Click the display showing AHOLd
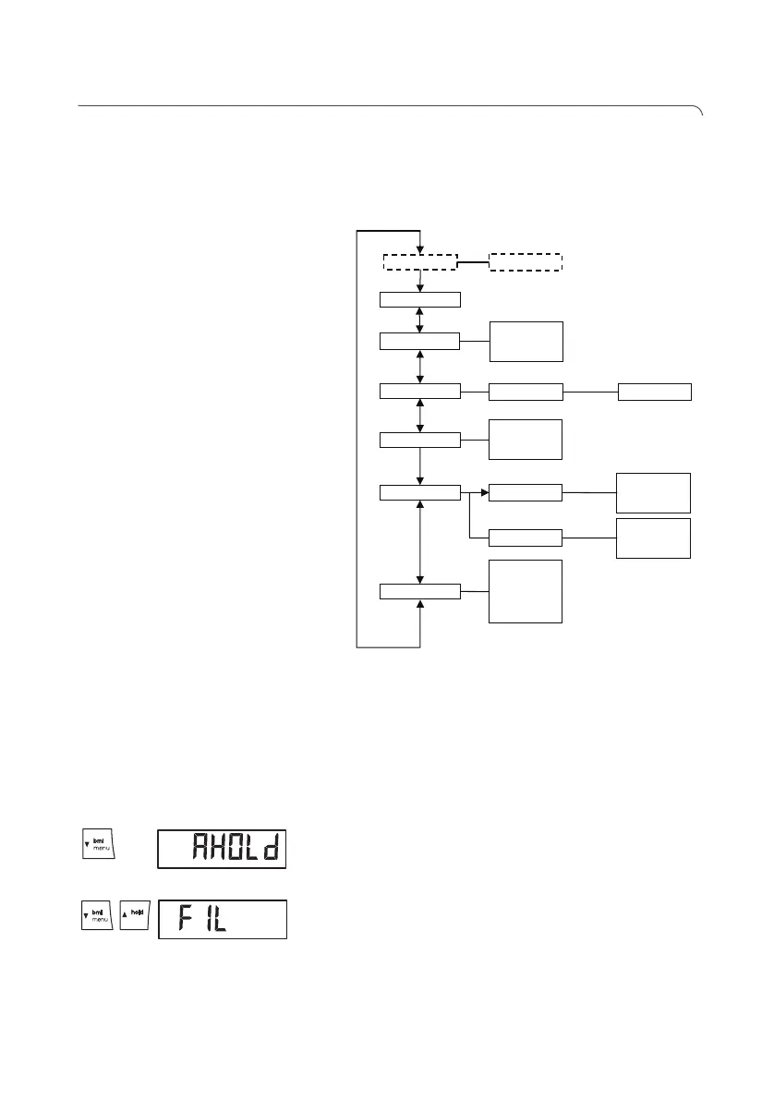point(222,848)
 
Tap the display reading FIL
point(222,920)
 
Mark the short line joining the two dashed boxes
point(473,261)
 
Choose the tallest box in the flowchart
point(525,591)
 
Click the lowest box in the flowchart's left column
point(420,591)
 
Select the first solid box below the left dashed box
point(420,299)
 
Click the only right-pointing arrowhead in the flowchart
point(483,493)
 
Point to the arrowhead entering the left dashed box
point(420,247)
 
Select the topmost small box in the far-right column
point(654,392)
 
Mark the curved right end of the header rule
point(699,112)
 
